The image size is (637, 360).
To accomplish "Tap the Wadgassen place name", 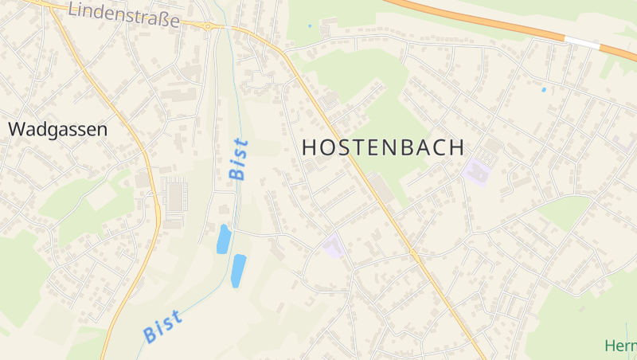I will [x=57, y=129].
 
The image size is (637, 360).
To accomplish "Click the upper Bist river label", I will [x=237, y=158].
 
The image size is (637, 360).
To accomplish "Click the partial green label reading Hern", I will [x=620, y=346].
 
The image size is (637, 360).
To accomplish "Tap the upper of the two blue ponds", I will [x=224, y=239].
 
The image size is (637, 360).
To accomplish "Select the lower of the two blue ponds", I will [x=237, y=270].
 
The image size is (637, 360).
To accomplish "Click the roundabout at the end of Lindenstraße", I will [x=208, y=26].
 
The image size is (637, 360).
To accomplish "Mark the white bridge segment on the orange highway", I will [x=581, y=41].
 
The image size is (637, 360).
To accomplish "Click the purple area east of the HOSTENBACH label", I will [x=476, y=170].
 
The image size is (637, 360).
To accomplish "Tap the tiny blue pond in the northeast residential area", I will [x=544, y=89].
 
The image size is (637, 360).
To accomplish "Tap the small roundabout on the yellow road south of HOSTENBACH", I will [x=413, y=252].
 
